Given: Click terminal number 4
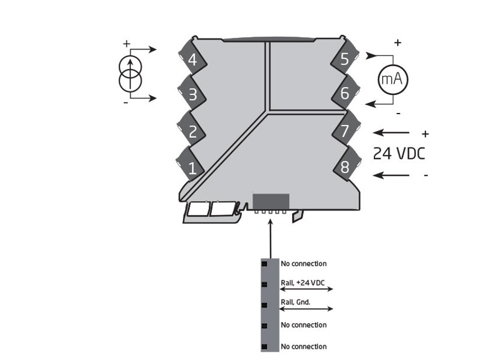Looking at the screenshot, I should pyautogui.click(x=193, y=59).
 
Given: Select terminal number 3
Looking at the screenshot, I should pyautogui.click(x=193, y=94).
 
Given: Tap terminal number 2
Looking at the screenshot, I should pyautogui.click(x=193, y=132).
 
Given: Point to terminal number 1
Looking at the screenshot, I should pyautogui.click(x=193, y=168).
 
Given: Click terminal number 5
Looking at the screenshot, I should pyautogui.click(x=344, y=59).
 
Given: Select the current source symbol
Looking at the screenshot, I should pyautogui.click(x=130, y=74).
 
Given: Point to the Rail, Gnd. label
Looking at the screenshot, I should pyautogui.click(x=295, y=302).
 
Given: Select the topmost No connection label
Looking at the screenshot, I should pyautogui.click(x=303, y=263).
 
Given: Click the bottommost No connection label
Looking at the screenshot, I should pyautogui.click(x=303, y=346).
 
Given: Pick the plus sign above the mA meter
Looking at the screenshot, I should pyautogui.click(x=398, y=42).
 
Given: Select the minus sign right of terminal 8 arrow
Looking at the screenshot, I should pyautogui.click(x=426, y=176).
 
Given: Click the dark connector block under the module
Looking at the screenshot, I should pyautogui.click(x=271, y=202).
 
